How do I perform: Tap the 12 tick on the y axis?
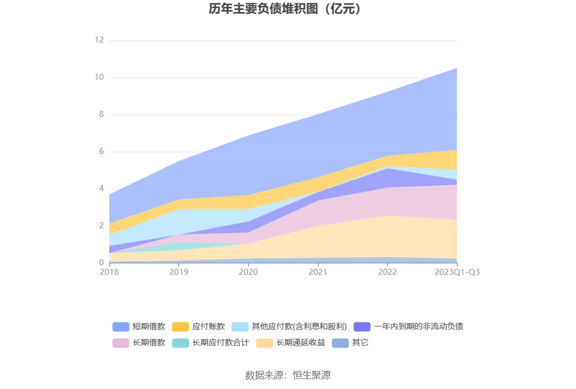(x=99, y=40)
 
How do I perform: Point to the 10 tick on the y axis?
(x=99, y=77)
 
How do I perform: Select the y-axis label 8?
(x=101, y=114)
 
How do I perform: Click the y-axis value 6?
(x=101, y=151)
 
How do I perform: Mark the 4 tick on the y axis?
(x=101, y=188)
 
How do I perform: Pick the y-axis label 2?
(x=101, y=226)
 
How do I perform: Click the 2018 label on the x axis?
(x=109, y=272)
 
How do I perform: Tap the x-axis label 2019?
(x=179, y=272)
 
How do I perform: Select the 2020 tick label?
(x=248, y=272)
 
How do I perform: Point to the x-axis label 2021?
(x=318, y=272)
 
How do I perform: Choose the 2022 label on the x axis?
(x=387, y=272)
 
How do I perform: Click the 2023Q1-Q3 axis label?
(x=457, y=272)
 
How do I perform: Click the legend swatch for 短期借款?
(x=121, y=327)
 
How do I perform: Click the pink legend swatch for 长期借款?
(x=121, y=343)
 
